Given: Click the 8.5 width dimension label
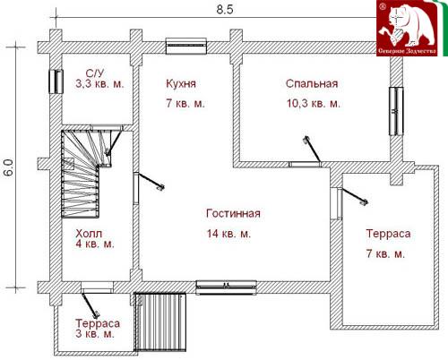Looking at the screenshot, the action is point(225,10).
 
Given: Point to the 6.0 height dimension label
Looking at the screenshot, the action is point(9,167).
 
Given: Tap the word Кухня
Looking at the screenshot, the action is point(181,83).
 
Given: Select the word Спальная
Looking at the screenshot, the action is point(312,83).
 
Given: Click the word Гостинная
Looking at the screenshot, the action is point(233,213).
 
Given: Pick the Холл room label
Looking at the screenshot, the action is point(89,234).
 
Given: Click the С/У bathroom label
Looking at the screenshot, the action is point(95,73).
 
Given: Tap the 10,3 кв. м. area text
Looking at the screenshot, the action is point(314,104).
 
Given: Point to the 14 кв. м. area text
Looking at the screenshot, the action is point(228,234).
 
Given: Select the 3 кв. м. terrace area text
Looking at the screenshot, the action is point(95,333).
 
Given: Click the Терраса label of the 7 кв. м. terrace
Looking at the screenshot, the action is point(388,234).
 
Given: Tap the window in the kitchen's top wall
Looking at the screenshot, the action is point(186,46).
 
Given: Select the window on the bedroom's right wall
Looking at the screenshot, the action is point(396,111).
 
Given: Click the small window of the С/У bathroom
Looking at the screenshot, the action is point(56,81).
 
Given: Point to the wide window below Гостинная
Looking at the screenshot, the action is point(227,287).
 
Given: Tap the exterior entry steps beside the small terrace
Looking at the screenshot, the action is point(160,321).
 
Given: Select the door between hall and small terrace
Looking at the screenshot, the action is point(91,302).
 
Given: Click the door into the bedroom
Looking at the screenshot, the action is point(311,152).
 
